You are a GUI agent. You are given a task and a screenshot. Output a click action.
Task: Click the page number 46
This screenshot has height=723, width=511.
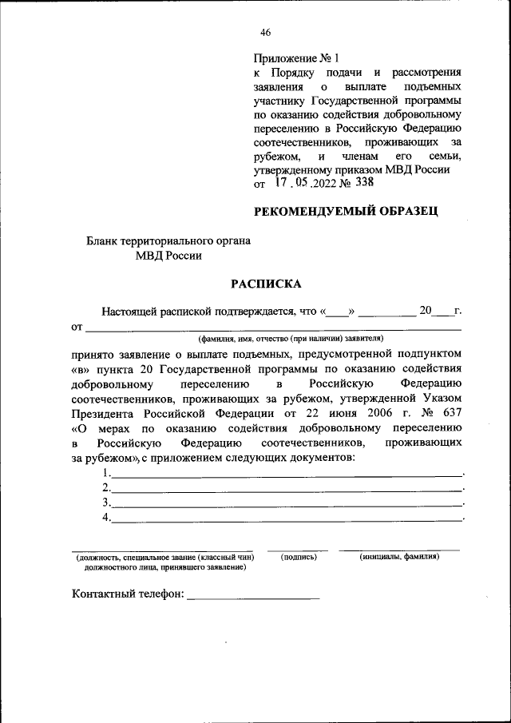266,33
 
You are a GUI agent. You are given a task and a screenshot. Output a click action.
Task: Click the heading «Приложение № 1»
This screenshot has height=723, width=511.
296,58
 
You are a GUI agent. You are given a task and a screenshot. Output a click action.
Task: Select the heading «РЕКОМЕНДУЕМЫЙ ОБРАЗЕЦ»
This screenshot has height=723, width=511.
345,212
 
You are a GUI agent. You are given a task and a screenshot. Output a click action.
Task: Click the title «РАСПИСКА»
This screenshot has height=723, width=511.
266,283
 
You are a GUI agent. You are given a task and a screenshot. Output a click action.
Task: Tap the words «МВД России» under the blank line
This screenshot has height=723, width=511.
168,256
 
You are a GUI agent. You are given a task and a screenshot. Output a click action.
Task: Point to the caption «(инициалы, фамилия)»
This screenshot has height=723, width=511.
399,556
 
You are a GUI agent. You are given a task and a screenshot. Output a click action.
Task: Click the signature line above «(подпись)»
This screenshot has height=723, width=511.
297,550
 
